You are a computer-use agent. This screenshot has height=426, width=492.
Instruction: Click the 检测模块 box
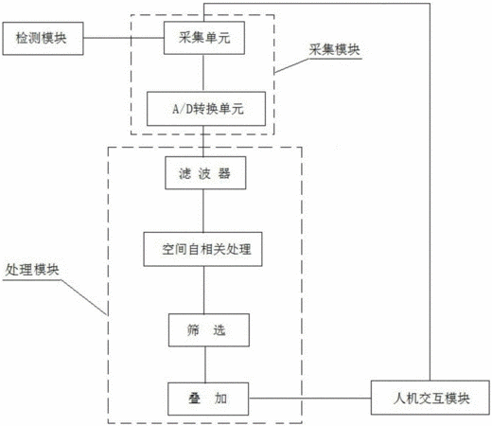(43, 39)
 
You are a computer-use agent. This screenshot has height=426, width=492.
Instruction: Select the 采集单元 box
(204, 38)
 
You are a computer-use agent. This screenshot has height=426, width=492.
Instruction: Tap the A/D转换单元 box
(206, 109)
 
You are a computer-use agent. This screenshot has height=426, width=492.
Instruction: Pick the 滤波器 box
(205, 173)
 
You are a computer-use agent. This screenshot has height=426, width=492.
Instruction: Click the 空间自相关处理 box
(202, 249)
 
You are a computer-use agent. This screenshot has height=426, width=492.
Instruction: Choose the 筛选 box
(209, 330)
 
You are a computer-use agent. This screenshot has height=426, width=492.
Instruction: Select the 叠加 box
(208, 399)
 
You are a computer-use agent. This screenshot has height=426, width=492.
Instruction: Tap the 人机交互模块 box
(430, 398)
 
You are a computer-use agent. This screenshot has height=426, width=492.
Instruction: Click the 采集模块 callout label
(334, 49)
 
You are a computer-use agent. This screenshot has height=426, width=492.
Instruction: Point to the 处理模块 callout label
(32, 270)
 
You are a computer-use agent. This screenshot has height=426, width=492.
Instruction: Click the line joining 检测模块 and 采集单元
(124, 38)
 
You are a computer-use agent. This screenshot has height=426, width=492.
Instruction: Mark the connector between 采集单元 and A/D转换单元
(203, 73)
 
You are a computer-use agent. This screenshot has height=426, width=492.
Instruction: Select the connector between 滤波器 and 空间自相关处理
(203, 211)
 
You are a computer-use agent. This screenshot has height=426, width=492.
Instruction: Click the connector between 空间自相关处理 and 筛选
(203, 290)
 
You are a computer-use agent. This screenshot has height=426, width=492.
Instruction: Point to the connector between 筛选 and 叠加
(205, 364)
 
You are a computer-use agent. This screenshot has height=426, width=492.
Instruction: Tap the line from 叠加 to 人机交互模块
(309, 398)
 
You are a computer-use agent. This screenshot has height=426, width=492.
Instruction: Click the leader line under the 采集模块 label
(318, 62)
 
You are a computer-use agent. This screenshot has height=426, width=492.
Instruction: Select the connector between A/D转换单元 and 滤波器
(203, 141)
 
